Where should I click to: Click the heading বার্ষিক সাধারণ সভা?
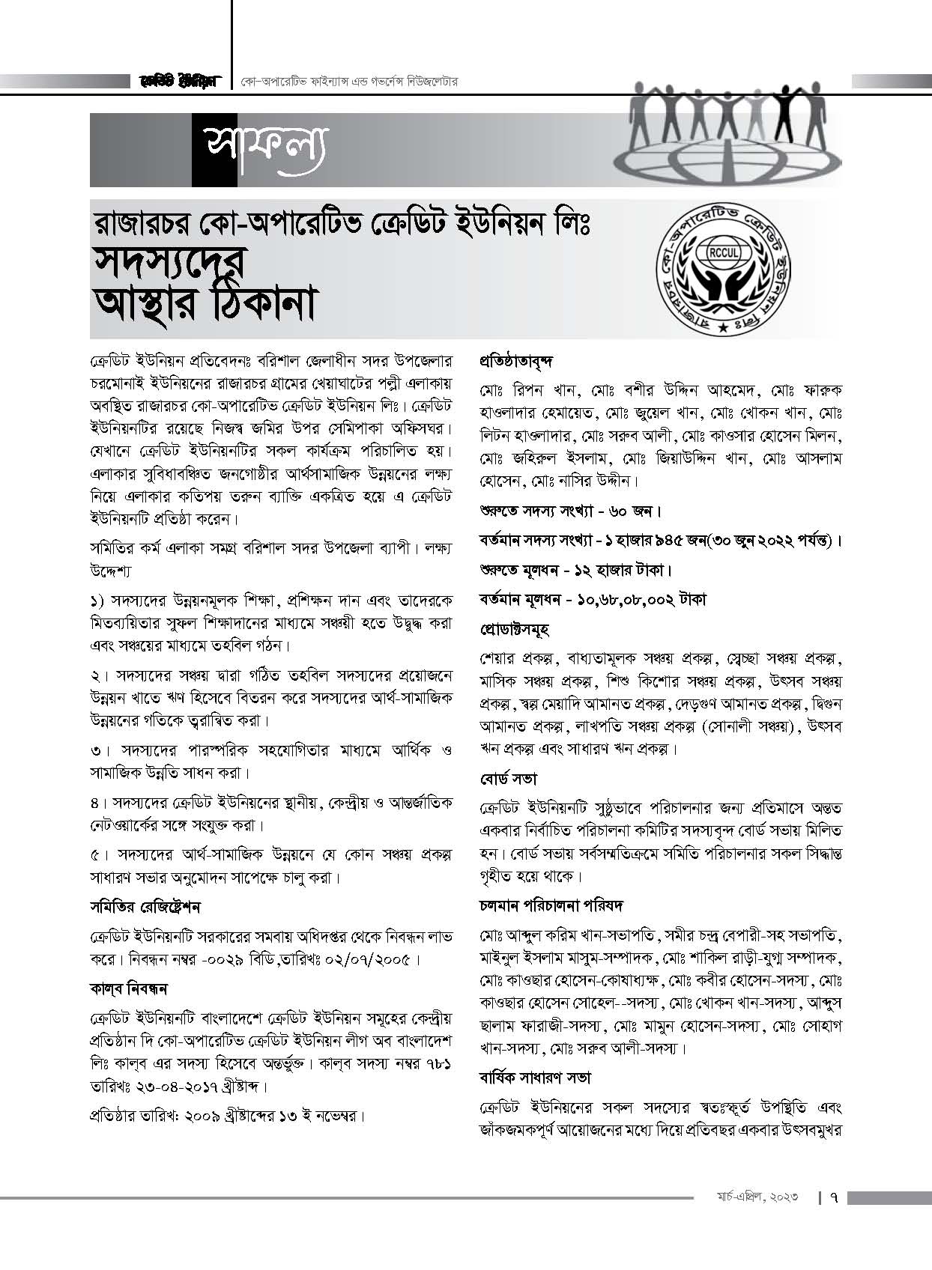coord(535,1078)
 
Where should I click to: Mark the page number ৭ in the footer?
coord(833,1198)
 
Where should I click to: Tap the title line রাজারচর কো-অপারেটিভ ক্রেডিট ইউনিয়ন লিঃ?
coord(341,222)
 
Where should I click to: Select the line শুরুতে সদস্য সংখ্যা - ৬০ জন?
coord(570,512)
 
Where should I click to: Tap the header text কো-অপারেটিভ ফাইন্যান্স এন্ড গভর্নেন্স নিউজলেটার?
coord(349,80)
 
